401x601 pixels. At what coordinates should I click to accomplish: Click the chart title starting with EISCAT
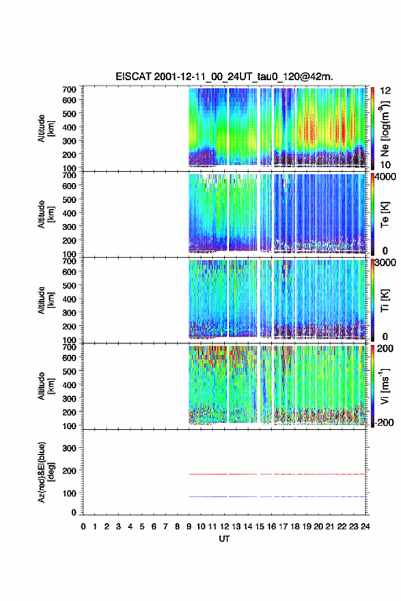224,76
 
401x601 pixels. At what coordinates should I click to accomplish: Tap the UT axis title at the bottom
224,539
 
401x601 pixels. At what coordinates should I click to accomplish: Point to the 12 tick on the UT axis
224,527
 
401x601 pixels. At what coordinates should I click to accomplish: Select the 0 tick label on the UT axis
83,527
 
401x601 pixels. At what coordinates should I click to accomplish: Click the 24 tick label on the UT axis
365,527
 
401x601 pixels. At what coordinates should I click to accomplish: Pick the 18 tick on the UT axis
295,527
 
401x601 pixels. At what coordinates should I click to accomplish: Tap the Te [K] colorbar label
385,214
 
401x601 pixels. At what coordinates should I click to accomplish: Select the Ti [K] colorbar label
385,300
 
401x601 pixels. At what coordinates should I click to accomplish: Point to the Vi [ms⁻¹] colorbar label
385,387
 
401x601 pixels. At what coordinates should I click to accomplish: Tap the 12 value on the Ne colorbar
386,91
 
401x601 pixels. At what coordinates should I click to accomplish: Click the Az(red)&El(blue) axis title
45,472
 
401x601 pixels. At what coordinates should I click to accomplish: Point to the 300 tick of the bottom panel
69,448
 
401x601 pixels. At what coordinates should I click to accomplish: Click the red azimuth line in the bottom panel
277,474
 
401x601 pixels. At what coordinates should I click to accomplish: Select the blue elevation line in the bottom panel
277,497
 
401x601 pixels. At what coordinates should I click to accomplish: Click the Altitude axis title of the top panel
45,128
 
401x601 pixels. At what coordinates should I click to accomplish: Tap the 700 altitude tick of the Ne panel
69,89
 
